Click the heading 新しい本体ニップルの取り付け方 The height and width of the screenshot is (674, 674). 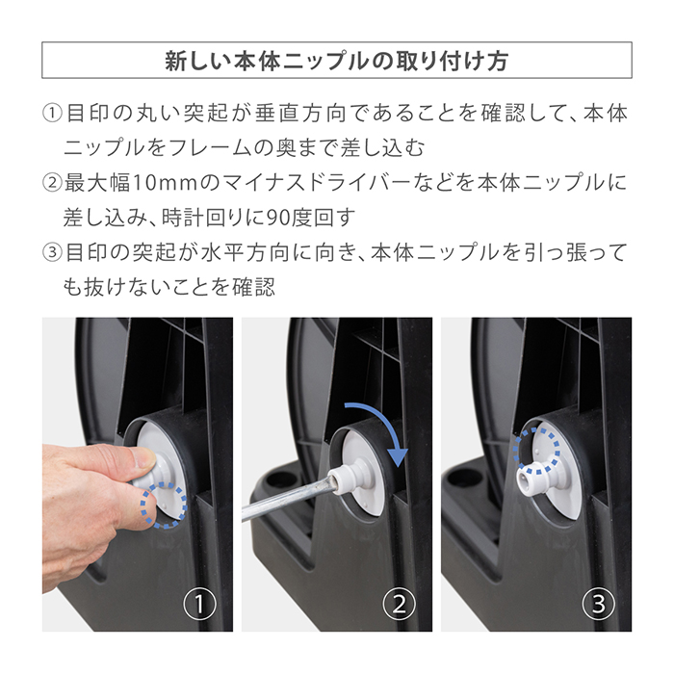(337, 61)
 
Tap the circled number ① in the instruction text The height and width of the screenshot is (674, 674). (52, 114)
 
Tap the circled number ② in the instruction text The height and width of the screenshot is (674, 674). (52, 181)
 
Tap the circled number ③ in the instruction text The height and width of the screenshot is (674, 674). (52, 253)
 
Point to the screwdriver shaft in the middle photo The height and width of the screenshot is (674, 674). (289, 496)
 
